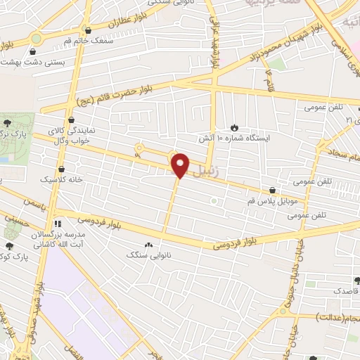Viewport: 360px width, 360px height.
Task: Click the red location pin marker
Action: coord(181,165)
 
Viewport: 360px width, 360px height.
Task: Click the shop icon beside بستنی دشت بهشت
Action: coord(32,52)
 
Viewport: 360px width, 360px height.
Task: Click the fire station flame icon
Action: coord(233,128)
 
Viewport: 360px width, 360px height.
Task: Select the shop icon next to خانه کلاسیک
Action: coord(61,169)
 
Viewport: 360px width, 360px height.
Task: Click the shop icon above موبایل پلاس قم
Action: coord(271,190)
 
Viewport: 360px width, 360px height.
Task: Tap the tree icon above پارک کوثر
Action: coord(9,245)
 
